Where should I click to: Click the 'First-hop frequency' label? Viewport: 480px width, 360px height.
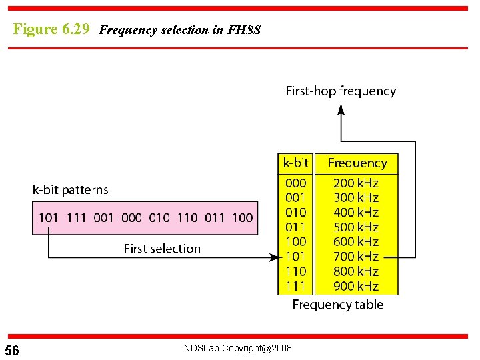[341, 91]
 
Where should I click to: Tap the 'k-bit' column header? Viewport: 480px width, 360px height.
[295, 163]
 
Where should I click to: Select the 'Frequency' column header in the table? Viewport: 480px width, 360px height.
[357, 163]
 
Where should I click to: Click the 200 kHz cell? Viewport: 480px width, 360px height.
[356, 183]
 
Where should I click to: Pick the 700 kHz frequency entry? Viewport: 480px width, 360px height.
[356, 257]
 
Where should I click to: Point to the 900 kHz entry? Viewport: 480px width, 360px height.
[356, 286]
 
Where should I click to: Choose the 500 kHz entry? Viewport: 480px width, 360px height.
[356, 227]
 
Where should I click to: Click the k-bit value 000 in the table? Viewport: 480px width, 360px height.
[295, 183]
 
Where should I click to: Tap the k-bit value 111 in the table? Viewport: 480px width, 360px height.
[295, 286]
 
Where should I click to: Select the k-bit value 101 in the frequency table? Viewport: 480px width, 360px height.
[295, 257]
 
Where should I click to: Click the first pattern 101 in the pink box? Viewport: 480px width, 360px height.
[49, 217]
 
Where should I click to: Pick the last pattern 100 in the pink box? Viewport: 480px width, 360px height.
[243, 217]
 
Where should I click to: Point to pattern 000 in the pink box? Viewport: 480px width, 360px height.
[132, 217]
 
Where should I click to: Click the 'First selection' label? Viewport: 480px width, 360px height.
[162, 249]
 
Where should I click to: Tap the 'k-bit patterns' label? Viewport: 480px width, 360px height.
[70, 190]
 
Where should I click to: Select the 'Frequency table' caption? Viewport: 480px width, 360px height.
[338, 305]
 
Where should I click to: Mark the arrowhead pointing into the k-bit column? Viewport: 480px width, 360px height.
[273, 257]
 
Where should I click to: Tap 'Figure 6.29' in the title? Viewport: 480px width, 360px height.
[51, 29]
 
